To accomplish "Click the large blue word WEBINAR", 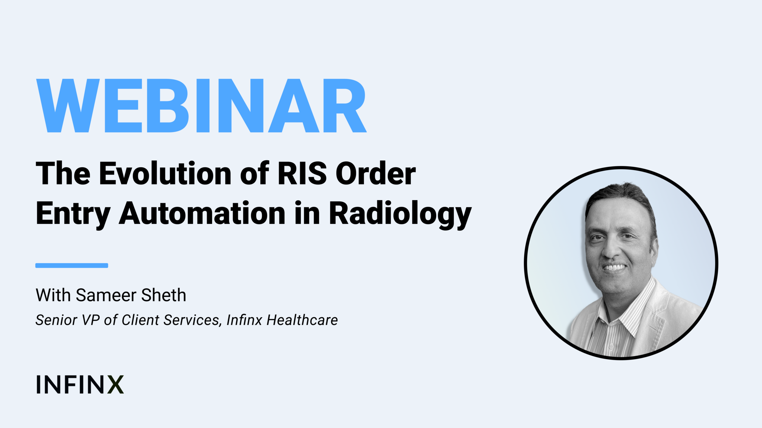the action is [201, 106].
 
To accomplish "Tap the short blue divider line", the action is [72, 265].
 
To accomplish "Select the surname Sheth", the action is [163, 295].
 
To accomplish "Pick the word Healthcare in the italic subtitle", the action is [302, 320].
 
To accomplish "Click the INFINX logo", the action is [80, 384].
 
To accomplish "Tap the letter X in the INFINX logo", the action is [115, 384].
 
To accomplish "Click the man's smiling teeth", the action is [614, 267].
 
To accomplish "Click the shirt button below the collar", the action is [611, 347].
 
